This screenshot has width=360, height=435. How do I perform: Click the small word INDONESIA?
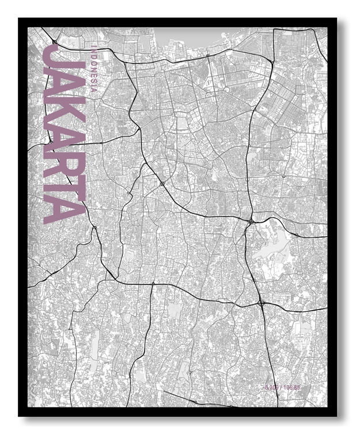coord(93,67)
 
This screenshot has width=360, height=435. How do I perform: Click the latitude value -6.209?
coord(274,387)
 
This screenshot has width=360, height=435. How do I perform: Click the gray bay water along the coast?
coord(190,37)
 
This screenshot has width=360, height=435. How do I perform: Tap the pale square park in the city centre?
coord(183,123)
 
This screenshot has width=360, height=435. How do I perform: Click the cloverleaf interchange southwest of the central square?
coord(162,184)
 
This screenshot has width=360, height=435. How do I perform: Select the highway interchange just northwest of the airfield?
coord(250,220)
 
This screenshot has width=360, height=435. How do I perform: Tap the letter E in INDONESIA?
coord(93,74)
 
